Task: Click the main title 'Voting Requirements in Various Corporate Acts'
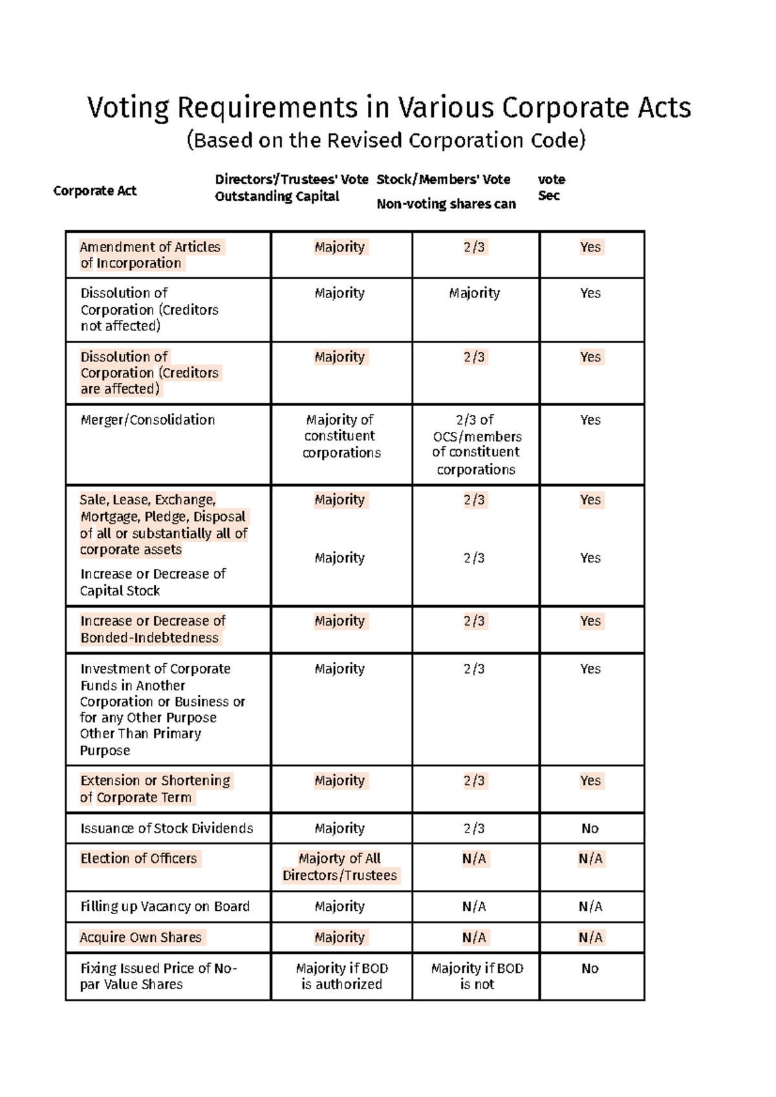389,108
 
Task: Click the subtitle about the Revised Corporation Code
386,140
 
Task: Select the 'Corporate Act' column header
95,191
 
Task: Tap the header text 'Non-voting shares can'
446,204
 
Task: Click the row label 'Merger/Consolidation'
147,420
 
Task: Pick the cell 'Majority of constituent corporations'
341,436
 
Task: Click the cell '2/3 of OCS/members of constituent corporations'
476,445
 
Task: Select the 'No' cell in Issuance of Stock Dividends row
590,829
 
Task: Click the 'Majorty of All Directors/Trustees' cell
339,867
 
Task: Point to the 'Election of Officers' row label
138,858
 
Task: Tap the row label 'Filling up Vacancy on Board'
165,906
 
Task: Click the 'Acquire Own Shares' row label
140,937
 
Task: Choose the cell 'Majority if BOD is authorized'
341,976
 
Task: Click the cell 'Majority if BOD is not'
477,976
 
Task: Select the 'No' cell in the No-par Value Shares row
590,968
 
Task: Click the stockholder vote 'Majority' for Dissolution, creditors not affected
474,293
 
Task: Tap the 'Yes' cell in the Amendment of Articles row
590,247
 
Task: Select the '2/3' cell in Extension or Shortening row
474,781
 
